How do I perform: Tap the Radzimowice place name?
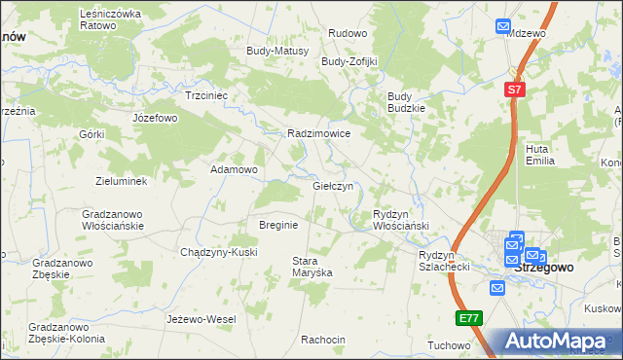click(x=318, y=134)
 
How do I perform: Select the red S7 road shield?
click(x=515, y=90)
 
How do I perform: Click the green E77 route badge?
click(x=467, y=317)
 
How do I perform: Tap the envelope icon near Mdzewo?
click(x=502, y=27)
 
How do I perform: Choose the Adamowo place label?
click(x=234, y=169)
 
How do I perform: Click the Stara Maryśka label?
click(x=312, y=267)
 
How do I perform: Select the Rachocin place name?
click(x=323, y=340)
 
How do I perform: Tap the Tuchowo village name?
click(x=449, y=345)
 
